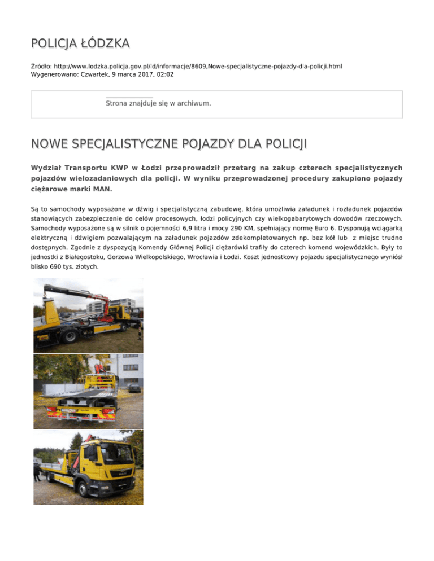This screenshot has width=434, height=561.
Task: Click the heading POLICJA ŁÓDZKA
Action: pos(81,43)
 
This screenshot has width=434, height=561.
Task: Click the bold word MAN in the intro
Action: pos(107,190)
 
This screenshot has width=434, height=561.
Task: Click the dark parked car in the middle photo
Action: pos(133,388)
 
